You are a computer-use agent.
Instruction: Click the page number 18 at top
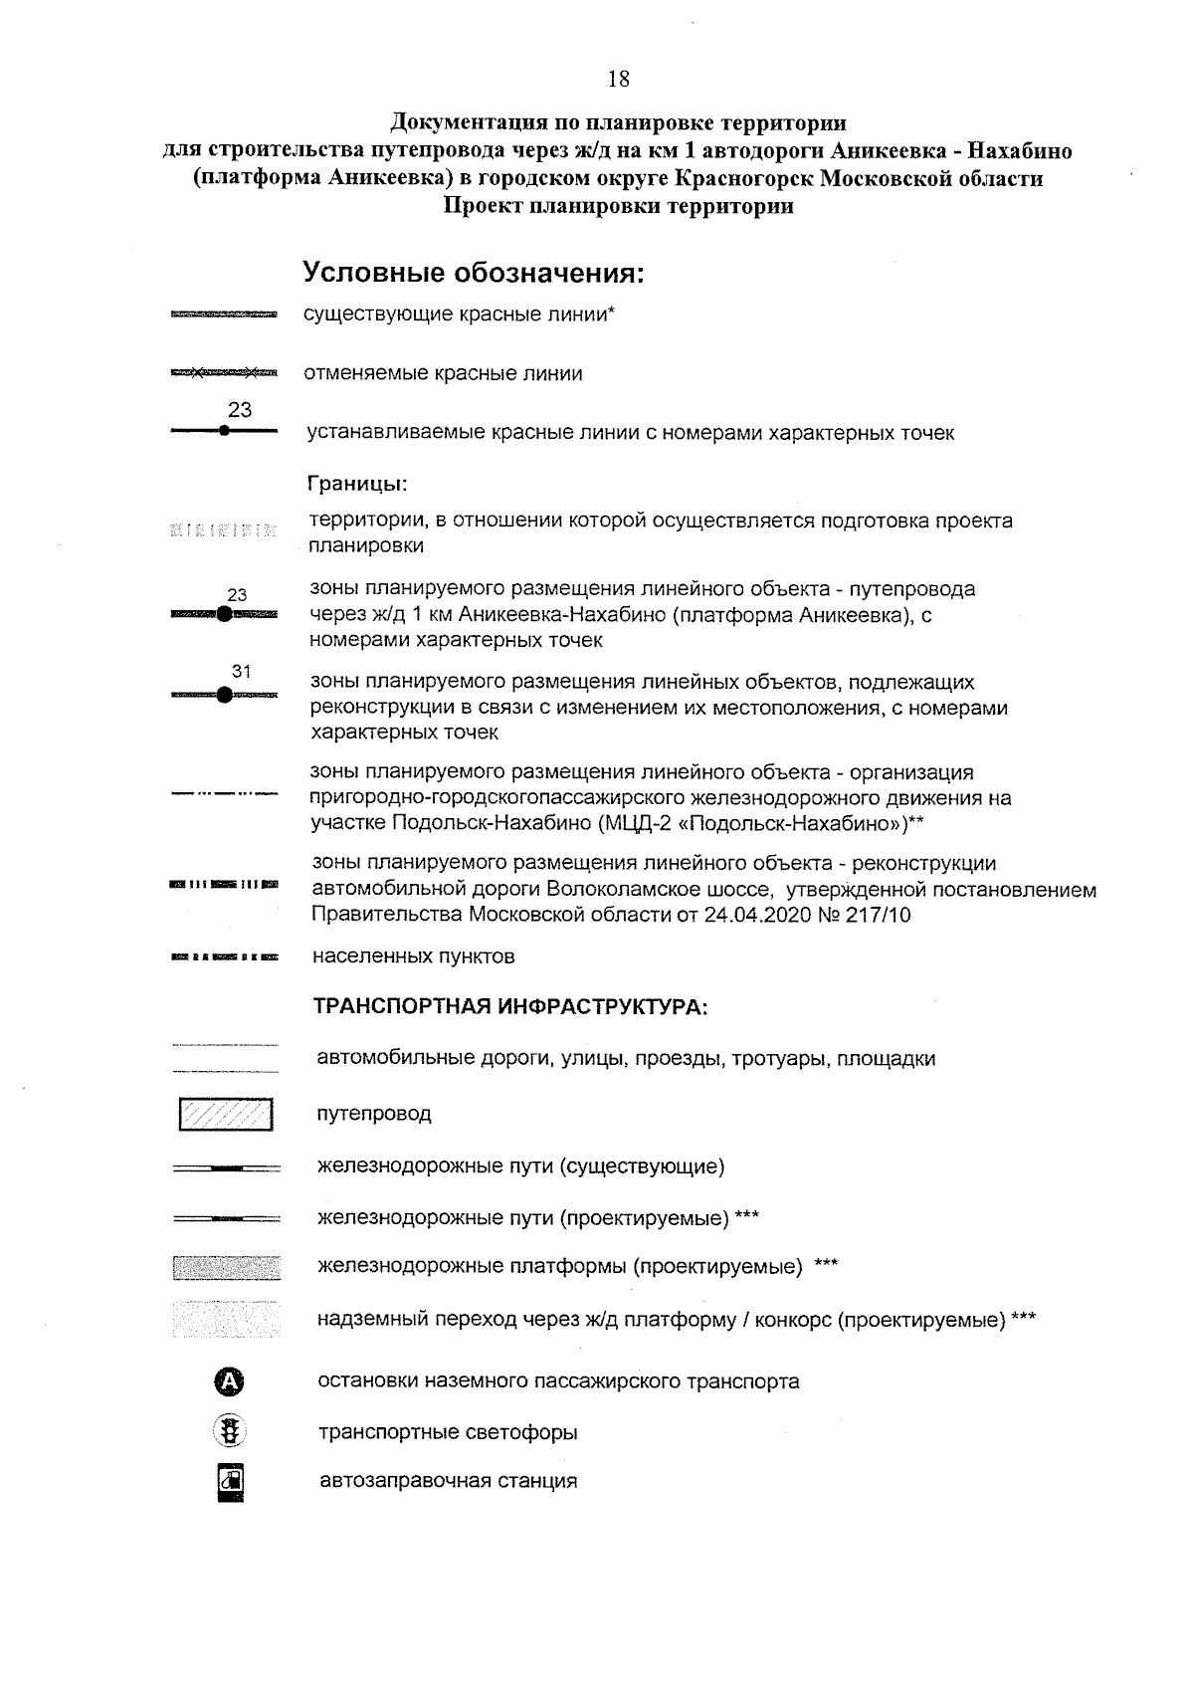coord(618,80)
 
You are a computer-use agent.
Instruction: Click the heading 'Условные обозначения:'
coord(474,273)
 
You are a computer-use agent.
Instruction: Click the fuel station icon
coord(230,1481)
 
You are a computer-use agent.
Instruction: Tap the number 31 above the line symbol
coord(241,672)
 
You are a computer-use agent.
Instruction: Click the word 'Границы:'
coord(359,485)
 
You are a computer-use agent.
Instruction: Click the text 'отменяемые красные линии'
coord(444,374)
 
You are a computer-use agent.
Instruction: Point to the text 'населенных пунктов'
coord(414,956)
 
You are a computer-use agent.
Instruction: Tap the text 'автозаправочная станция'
coord(448,1481)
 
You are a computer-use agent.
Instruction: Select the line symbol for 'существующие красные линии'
coord(224,316)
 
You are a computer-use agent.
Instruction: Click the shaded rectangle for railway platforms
coord(226,1267)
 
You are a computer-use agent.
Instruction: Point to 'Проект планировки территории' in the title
coord(618,207)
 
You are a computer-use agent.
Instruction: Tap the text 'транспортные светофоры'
coord(448,1433)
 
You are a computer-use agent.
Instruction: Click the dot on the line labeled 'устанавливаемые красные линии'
coord(224,431)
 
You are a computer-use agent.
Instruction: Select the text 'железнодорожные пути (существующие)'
coord(520,1165)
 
